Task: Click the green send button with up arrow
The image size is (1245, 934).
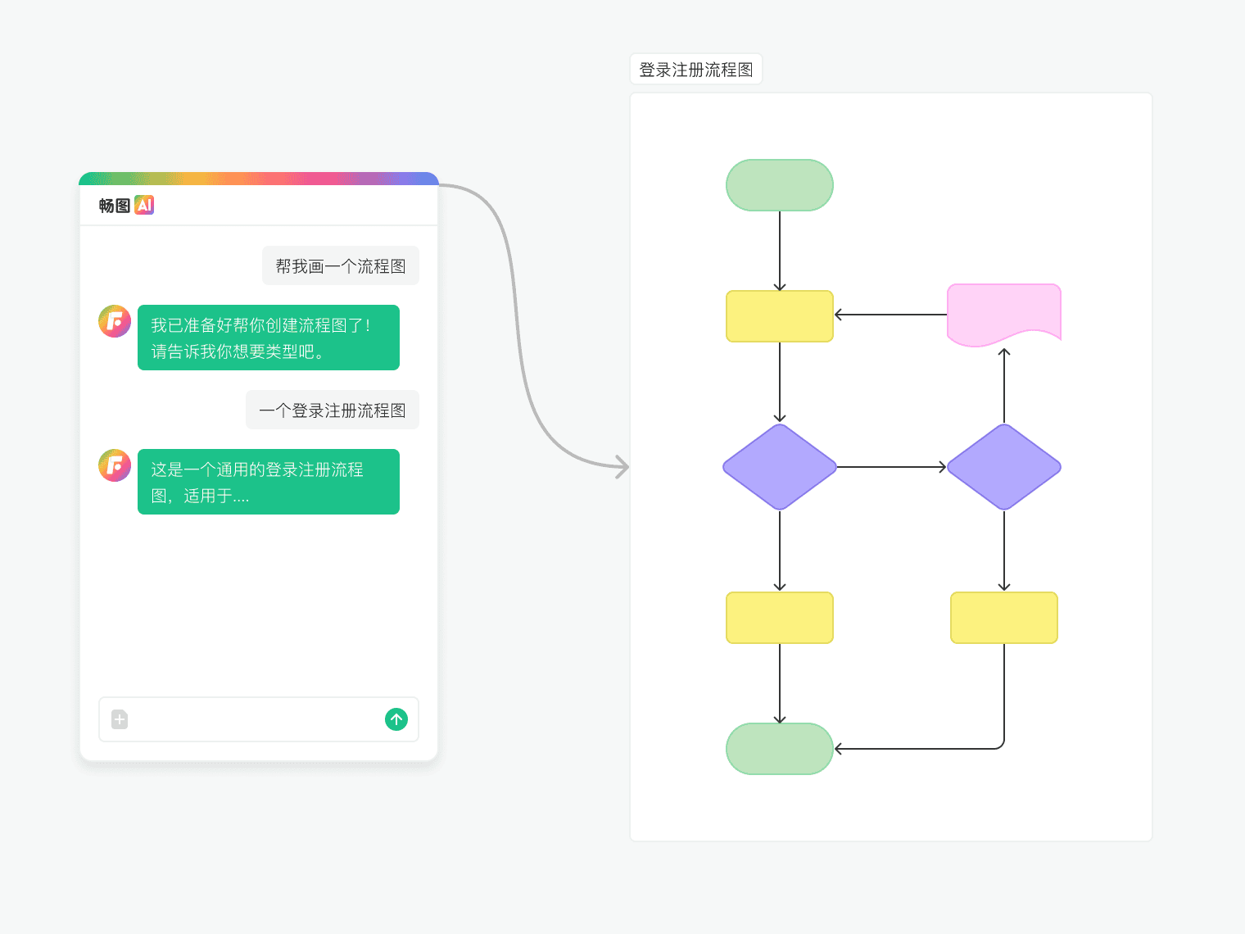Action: coord(396,719)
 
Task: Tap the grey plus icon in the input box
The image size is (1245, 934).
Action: coord(120,719)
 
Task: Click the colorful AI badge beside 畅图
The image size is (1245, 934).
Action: coord(144,205)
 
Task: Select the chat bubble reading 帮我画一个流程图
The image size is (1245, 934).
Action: coord(341,266)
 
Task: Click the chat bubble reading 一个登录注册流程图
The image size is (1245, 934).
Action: coord(333,410)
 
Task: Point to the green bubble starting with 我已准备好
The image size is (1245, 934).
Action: coord(269,338)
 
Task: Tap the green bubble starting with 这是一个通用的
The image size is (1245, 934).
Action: coord(269,482)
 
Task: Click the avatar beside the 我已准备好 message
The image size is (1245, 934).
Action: coord(115,322)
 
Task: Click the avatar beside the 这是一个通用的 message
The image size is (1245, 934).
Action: coord(115,466)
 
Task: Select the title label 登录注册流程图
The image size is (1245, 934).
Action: coord(696,70)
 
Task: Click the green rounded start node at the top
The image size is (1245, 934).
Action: coord(780,185)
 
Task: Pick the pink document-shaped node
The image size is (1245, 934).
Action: coord(1004,313)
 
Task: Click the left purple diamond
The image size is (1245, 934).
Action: coord(780,467)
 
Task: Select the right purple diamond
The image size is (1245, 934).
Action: coord(1004,467)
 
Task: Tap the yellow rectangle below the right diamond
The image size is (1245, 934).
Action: coord(1004,618)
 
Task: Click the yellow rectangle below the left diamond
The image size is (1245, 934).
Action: coord(780,618)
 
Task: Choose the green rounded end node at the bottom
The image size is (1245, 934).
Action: coord(780,749)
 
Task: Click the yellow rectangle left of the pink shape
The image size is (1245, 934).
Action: coord(780,316)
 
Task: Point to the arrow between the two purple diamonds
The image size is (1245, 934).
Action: coord(891,467)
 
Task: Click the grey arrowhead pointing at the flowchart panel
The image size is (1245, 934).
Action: coord(623,467)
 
